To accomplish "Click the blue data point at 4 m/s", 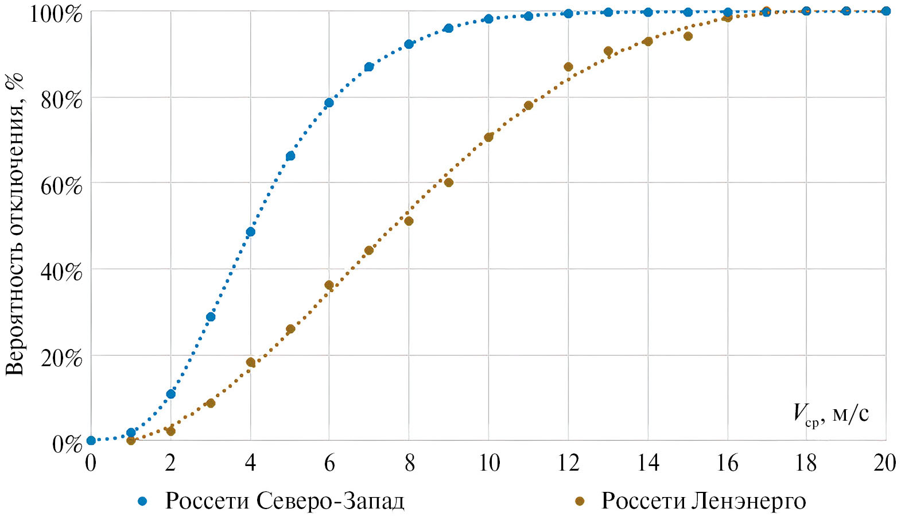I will (250, 232).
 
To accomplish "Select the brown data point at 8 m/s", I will (409, 221).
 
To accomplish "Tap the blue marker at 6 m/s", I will (329, 103).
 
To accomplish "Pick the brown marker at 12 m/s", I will (568, 67).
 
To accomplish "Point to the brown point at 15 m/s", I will (688, 36).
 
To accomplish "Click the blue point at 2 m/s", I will (170, 394).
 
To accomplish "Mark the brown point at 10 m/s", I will (488, 137).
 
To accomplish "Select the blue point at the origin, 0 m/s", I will (91, 440).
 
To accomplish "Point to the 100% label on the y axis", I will (56, 14).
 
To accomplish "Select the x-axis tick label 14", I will (648, 463).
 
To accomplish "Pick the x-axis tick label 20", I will (884, 463).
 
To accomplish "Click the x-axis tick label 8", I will (409, 463).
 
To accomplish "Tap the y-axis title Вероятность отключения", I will (15, 224).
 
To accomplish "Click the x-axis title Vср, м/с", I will (830, 414).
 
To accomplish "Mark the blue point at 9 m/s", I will (448, 28).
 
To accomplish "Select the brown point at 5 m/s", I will (290, 329).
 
